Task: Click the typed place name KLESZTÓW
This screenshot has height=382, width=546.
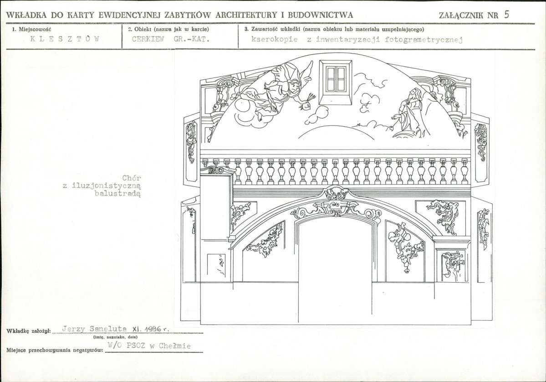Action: click(64, 39)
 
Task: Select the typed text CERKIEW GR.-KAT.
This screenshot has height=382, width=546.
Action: click(171, 39)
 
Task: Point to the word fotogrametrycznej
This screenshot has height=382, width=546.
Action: click(424, 39)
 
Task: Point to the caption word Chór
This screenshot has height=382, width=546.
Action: click(132, 178)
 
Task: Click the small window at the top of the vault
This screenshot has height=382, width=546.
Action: click(336, 81)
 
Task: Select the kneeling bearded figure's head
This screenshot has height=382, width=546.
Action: click(413, 94)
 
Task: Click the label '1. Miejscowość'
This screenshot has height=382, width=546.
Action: click(32, 30)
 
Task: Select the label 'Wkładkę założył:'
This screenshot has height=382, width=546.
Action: click(29, 331)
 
